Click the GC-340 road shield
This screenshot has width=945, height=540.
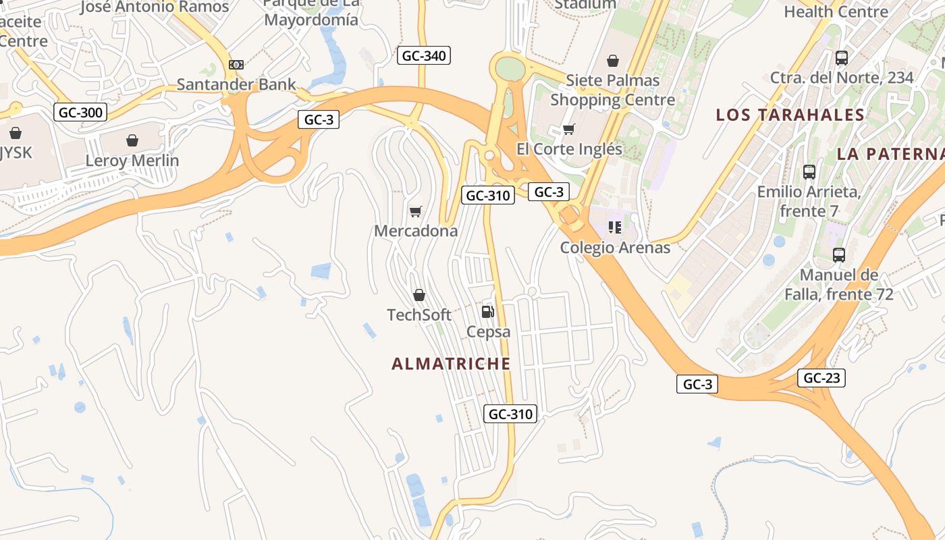[x=423, y=55]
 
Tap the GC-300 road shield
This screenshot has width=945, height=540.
[x=80, y=112]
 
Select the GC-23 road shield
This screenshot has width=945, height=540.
[x=821, y=378]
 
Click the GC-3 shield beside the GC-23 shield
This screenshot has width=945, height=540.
[x=697, y=385]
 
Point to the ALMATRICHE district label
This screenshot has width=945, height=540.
[x=451, y=364]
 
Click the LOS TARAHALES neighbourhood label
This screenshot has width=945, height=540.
[x=790, y=115]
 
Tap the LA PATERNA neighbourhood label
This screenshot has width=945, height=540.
[x=890, y=154]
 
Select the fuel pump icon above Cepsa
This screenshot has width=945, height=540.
[x=487, y=311]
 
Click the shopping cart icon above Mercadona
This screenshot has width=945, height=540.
[x=416, y=212]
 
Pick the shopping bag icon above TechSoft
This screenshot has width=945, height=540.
[x=419, y=295]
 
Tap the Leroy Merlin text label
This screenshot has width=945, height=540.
[x=132, y=161]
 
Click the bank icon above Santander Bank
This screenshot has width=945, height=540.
[x=236, y=65]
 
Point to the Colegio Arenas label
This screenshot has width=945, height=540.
[x=615, y=248]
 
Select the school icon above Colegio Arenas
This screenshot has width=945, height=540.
[x=614, y=227]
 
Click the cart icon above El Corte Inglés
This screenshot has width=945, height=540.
[x=569, y=129]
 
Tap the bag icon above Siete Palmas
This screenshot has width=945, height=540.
[x=613, y=61]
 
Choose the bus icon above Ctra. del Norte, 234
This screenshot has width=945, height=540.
[x=842, y=58]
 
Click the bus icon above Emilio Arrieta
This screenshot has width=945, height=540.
[x=809, y=172]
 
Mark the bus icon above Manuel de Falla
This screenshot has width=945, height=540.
[x=839, y=255]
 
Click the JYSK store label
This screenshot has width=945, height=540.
[x=15, y=153]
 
